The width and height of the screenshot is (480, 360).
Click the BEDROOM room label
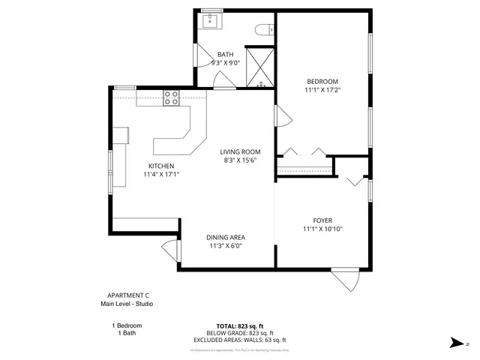point(322,81)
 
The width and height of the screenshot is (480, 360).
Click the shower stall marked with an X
point(259,65)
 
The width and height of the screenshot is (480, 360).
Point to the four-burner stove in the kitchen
point(172,97)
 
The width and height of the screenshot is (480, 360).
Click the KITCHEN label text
point(161,166)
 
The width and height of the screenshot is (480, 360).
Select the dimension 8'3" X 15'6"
point(240,160)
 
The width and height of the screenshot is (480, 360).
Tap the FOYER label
point(323,220)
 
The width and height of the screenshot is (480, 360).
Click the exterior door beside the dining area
point(170,252)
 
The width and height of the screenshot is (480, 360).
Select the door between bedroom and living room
point(282,117)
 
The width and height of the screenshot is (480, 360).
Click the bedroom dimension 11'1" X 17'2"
point(322,90)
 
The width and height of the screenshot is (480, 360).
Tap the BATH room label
point(226,55)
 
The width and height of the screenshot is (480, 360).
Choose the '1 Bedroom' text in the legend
point(126,325)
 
